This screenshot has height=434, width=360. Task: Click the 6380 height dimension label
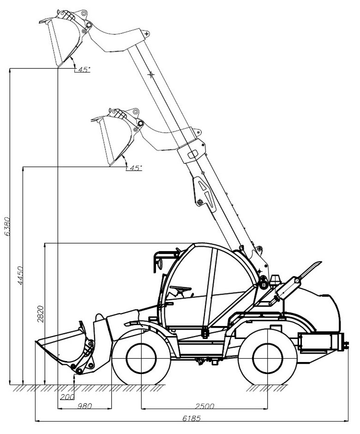pos(7,226)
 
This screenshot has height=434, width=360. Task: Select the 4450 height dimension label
pos(20,276)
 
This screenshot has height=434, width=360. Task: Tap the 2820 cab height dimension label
pos(41,314)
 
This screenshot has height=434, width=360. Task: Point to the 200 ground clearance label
pos(67,397)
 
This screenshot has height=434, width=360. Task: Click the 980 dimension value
pos(84,406)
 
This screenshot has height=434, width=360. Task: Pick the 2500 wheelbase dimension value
pos(205,406)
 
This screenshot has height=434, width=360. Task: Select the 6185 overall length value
pos(192,418)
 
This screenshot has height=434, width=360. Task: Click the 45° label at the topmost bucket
pos(84,69)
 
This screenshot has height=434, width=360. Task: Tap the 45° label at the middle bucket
pos(136,168)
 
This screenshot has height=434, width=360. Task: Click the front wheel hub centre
pos(141,359)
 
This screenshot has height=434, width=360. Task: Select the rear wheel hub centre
pos(267,359)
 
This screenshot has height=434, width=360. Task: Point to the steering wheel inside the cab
pos(180,289)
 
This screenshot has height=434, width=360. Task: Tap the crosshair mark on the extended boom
pos(151,74)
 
